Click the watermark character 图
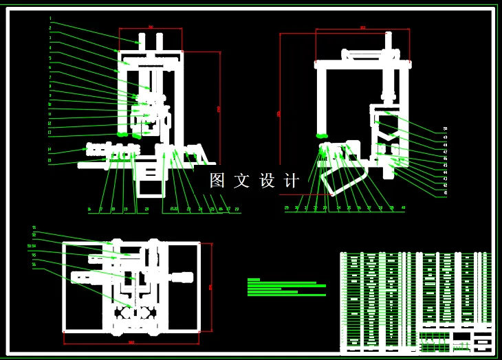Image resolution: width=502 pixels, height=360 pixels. [218, 181]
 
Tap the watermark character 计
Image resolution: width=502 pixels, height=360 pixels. [292, 181]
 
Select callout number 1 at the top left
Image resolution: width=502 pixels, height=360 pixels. [50, 19]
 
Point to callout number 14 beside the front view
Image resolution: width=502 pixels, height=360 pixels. [50, 149]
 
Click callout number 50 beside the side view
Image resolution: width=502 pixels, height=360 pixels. [445, 129]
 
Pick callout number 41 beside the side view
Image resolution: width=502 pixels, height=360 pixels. [445, 193]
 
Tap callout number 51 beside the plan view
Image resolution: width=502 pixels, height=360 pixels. [34, 227]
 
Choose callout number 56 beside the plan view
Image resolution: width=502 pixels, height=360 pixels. [34, 265]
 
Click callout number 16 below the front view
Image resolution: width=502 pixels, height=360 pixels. [89, 209]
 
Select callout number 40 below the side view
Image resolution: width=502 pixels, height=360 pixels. [403, 207]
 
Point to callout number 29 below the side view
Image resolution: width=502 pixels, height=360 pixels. [287, 207]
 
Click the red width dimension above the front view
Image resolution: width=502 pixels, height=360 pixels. [151, 27]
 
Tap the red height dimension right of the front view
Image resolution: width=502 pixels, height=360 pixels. [219, 109]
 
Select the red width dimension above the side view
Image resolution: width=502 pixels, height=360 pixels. [362, 28]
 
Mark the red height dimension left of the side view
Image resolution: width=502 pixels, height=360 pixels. [279, 113]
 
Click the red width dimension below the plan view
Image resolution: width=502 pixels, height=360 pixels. [131, 342]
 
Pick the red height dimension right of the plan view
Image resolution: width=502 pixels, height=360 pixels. [210, 287]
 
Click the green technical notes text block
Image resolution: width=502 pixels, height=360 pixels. [286, 287]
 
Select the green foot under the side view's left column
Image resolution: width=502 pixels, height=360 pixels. [321, 136]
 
